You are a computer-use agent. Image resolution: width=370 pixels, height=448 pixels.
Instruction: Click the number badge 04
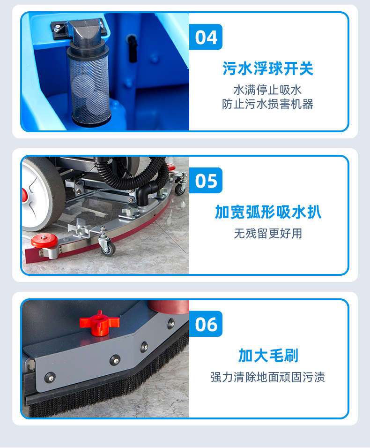pos(206,37)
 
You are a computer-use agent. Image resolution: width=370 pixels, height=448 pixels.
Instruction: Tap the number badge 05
pos(206,181)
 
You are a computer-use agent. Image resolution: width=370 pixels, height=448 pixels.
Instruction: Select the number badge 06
pos(206,324)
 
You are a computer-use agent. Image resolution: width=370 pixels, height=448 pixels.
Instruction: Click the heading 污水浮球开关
pos(268,68)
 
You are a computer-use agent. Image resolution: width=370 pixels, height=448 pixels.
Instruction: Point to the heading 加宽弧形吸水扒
pos(268,212)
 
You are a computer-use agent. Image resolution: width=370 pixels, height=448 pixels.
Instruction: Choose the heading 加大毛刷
pos(268,356)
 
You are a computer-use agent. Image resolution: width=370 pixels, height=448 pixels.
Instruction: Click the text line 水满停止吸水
pos(267,90)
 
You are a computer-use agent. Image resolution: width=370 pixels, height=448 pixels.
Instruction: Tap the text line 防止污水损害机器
pos(267,104)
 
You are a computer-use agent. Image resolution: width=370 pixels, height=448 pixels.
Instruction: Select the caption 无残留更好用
pos(268,234)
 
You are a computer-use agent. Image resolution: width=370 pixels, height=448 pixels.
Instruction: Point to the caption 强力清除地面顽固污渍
pos(268,377)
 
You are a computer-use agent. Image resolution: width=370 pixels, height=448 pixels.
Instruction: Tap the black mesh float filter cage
pos(89,87)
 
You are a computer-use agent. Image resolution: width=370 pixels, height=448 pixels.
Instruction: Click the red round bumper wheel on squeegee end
pos(44,240)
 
